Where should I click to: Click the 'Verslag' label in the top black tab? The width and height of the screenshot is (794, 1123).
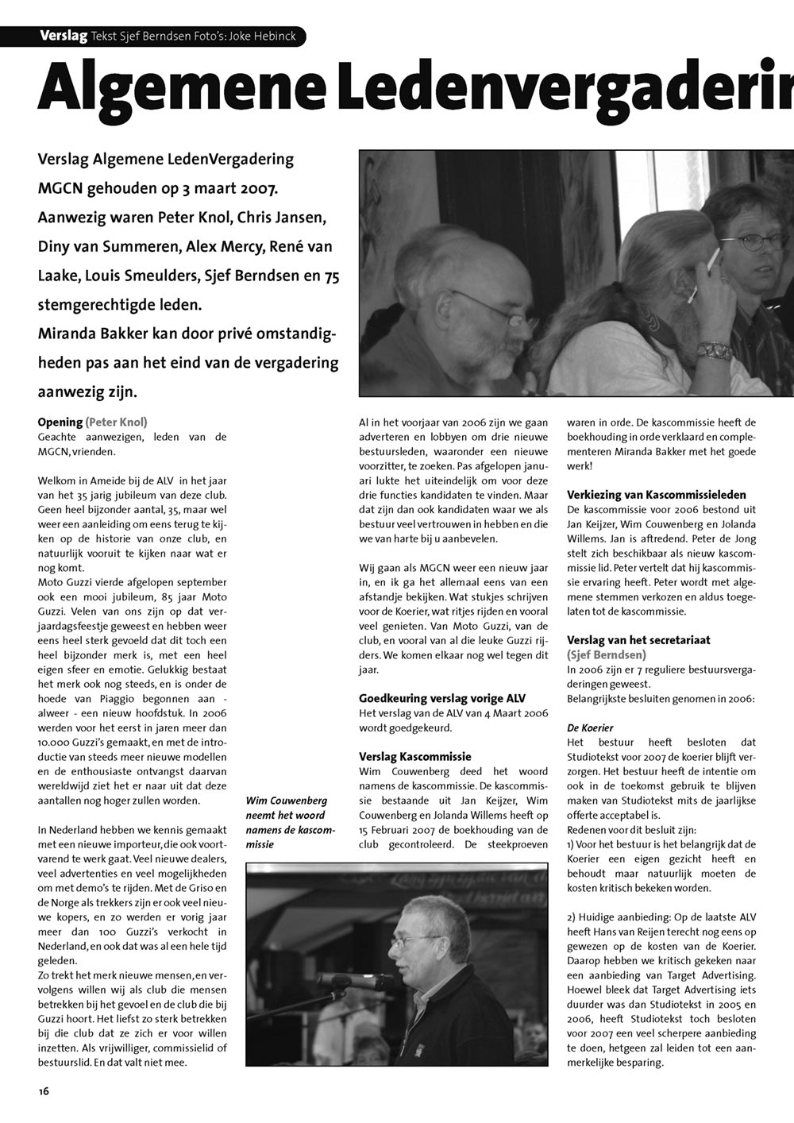(x=64, y=36)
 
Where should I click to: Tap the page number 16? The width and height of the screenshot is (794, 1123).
(x=44, y=1091)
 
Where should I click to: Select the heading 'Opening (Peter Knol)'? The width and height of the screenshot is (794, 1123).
(x=92, y=422)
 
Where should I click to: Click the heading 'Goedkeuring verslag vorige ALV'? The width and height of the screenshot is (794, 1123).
(x=430, y=699)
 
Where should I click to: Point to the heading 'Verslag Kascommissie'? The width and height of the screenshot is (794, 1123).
(x=414, y=756)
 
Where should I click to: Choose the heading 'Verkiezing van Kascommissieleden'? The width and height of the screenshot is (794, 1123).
(x=656, y=495)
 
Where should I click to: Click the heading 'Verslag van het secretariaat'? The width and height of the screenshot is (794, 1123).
(x=638, y=639)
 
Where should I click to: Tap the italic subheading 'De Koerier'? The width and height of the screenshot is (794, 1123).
(x=589, y=727)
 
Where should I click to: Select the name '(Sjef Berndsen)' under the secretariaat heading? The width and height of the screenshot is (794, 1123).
(x=607, y=654)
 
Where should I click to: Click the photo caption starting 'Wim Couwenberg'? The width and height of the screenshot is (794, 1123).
(x=291, y=822)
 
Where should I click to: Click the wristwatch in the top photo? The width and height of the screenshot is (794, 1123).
(x=712, y=350)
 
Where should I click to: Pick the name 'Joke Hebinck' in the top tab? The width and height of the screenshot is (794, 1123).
(x=263, y=36)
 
